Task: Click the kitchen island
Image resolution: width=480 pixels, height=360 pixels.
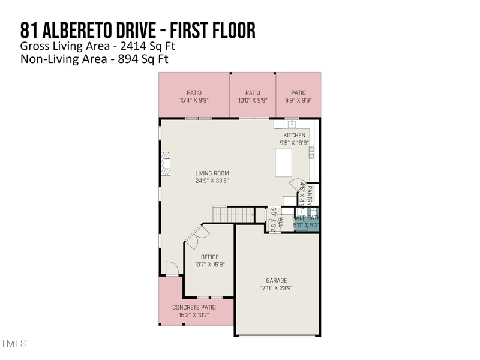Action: (283, 162)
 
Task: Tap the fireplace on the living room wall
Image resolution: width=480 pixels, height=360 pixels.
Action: (165, 163)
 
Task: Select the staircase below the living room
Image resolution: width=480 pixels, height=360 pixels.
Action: (233, 213)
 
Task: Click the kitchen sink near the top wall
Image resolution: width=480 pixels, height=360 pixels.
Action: (292, 124)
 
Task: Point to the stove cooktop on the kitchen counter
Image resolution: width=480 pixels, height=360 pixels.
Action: (311, 152)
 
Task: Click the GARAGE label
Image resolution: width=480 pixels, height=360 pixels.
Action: (277, 280)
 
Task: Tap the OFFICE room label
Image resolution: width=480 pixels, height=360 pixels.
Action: (209, 257)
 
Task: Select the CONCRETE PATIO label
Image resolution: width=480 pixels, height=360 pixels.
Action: (194, 307)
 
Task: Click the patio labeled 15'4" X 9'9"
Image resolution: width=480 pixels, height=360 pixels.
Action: (194, 97)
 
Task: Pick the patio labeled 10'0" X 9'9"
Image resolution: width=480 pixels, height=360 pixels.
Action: (253, 97)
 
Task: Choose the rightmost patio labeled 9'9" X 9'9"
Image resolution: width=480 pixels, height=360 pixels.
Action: (298, 97)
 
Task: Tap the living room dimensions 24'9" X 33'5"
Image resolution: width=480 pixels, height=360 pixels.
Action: (212, 181)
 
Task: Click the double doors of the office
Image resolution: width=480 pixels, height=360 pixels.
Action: (194, 238)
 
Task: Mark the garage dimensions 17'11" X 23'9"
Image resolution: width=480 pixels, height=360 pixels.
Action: (277, 288)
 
